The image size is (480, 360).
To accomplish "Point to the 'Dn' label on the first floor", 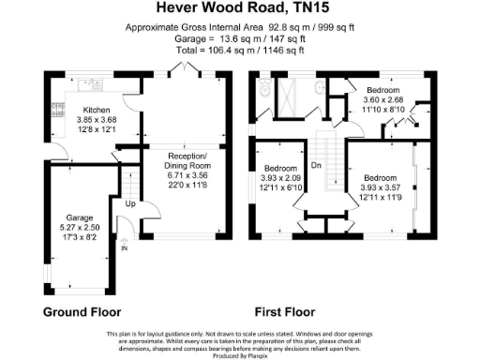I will pyautogui.click(x=317, y=165).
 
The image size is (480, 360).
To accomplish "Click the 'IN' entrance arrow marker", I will pyautogui.click(x=123, y=247).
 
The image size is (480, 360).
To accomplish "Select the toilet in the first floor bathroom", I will pyautogui.click(x=266, y=89).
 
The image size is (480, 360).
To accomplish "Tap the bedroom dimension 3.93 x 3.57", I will pyautogui.click(x=382, y=187).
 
